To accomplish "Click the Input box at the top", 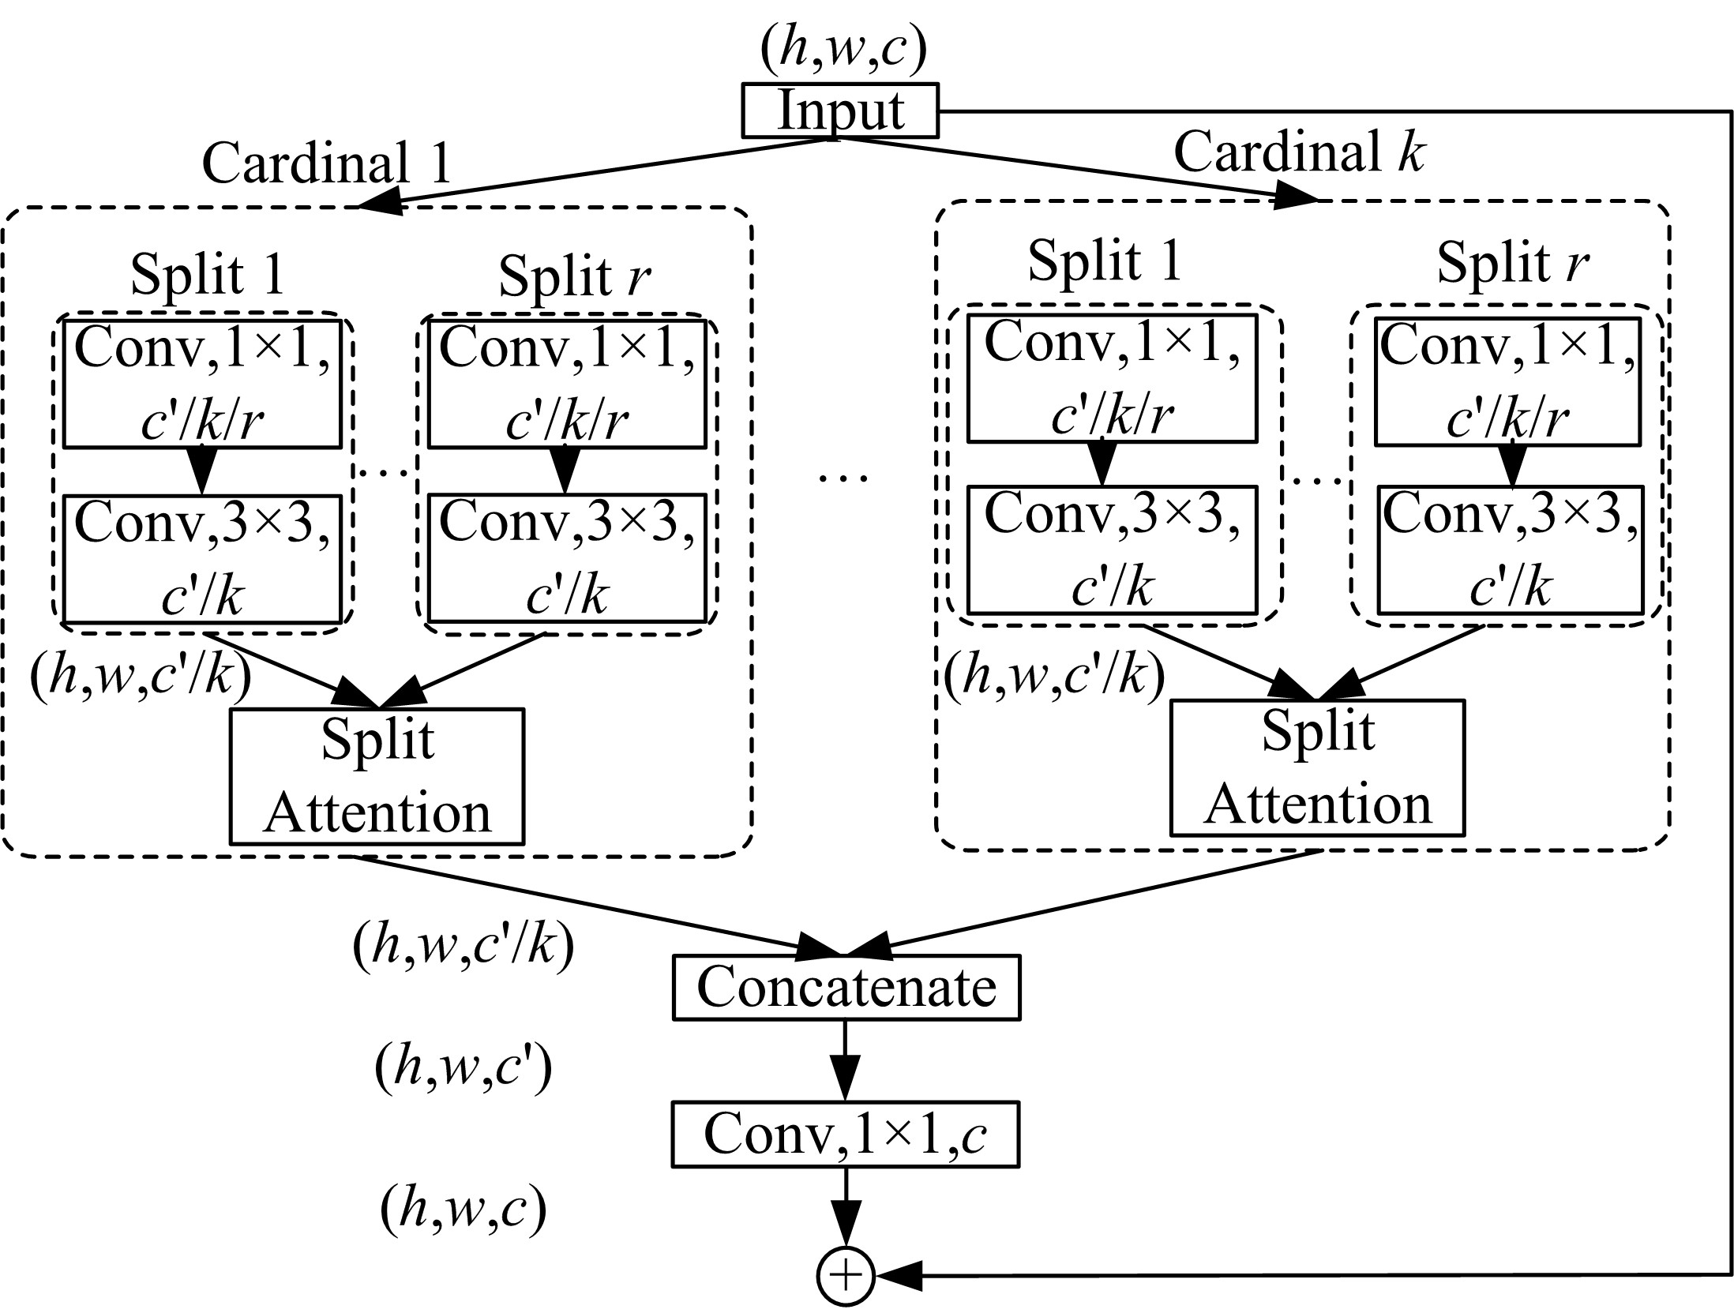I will click(x=840, y=111).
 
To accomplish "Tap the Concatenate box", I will click(x=846, y=987).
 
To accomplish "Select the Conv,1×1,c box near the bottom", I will click(x=846, y=1135).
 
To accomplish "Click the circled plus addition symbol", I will click(x=845, y=1275).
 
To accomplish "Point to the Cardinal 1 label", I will click(x=326, y=163).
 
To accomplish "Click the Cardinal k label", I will click(x=1299, y=152).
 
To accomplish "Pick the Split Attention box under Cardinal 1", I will click(x=377, y=776).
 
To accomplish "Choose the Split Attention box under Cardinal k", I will click(x=1317, y=767).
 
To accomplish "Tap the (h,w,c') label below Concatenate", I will click(x=464, y=1067).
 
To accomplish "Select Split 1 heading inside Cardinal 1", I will click(x=207, y=274).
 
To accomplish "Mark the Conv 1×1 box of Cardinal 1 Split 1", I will click(x=202, y=384).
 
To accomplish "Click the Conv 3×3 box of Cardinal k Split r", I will click(x=1510, y=550).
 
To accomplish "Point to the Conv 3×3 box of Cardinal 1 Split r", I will click(x=567, y=558).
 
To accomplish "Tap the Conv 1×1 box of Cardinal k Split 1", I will click(x=1112, y=378).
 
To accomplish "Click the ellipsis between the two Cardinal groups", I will click(x=843, y=477).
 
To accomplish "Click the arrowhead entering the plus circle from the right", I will click(x=900, y=1274).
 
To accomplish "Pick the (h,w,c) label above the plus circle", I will click(x=464, y=1210).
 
